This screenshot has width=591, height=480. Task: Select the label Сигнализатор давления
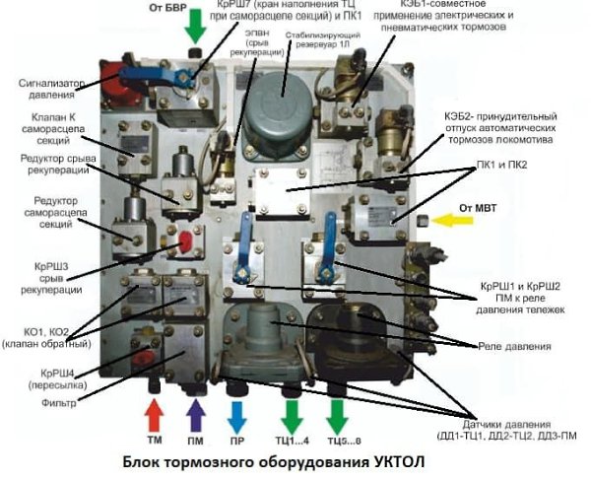coord(39,93)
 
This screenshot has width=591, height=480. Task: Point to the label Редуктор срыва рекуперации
coord(40,170)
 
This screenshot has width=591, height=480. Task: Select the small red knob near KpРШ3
coord(183,240)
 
